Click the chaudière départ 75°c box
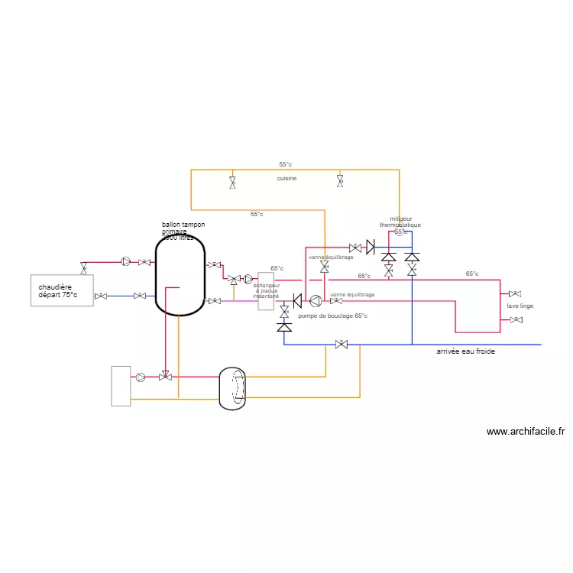point(62,290)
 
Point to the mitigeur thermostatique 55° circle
point(399,232)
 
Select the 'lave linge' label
point(520,306)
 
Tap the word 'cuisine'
point(286,178)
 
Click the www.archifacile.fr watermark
point(525,432)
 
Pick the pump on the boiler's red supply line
point(126,262)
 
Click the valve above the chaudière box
point(83,268)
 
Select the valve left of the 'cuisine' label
point(232,182)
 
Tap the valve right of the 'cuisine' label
point(341,181)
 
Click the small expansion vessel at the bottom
point(234,387)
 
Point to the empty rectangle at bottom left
point(121,386)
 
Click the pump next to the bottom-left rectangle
point(141,377)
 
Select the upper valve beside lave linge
point(515,293)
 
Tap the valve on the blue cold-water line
point(342,345)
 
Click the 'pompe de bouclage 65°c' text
point(333,316)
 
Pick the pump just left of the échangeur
point(248,280)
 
